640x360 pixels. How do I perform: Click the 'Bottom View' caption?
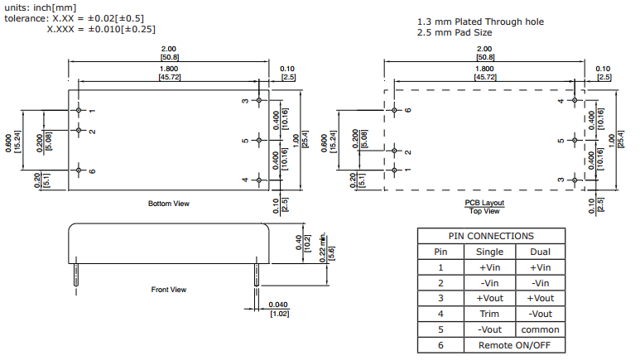pos(168,204)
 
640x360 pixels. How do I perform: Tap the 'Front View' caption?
pos(168,290)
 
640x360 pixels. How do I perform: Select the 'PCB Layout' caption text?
pos(484,203)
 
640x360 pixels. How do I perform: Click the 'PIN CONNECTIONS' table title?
pos(490,236)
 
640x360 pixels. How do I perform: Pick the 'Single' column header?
pos(490,252)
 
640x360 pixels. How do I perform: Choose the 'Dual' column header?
pos(541,252)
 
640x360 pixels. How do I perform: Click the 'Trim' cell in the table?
pos(490,314)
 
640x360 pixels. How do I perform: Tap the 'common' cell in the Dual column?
pos(541,330)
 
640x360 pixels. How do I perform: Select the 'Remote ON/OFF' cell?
pos(515,346)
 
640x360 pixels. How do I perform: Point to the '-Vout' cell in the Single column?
pos(490,330)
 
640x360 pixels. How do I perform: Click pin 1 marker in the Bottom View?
pos(79,110)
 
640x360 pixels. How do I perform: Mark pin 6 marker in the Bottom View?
pos(79,170)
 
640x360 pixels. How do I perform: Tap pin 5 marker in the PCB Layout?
pos(575,140)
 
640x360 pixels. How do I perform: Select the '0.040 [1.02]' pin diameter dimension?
pos(278,310)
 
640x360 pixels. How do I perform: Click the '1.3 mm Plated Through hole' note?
pos(480,22)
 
